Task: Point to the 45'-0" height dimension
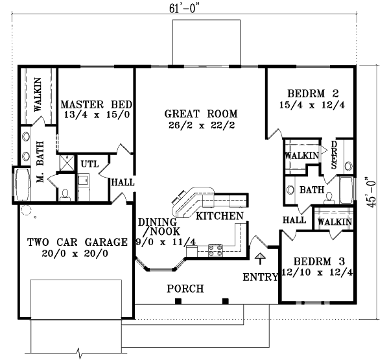[371, 192]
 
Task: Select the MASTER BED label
[97, 104]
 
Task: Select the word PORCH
[185, 288]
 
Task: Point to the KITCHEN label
[220, 215]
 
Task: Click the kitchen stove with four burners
[215, 249]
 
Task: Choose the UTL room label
[89, 163]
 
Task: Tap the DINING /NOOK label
[156, 226]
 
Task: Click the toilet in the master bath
[65, 195]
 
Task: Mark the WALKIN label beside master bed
[37, 96]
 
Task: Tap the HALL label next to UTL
[123, 184]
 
